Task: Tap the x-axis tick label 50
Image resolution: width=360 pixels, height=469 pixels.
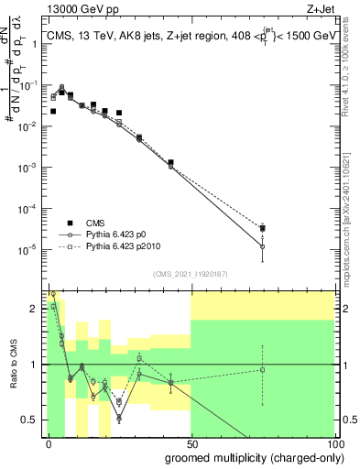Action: tap(191, 443)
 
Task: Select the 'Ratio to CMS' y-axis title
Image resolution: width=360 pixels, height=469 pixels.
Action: tap(12, 365)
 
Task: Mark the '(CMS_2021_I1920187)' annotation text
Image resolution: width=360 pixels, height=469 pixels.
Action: tap(190, 273)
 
